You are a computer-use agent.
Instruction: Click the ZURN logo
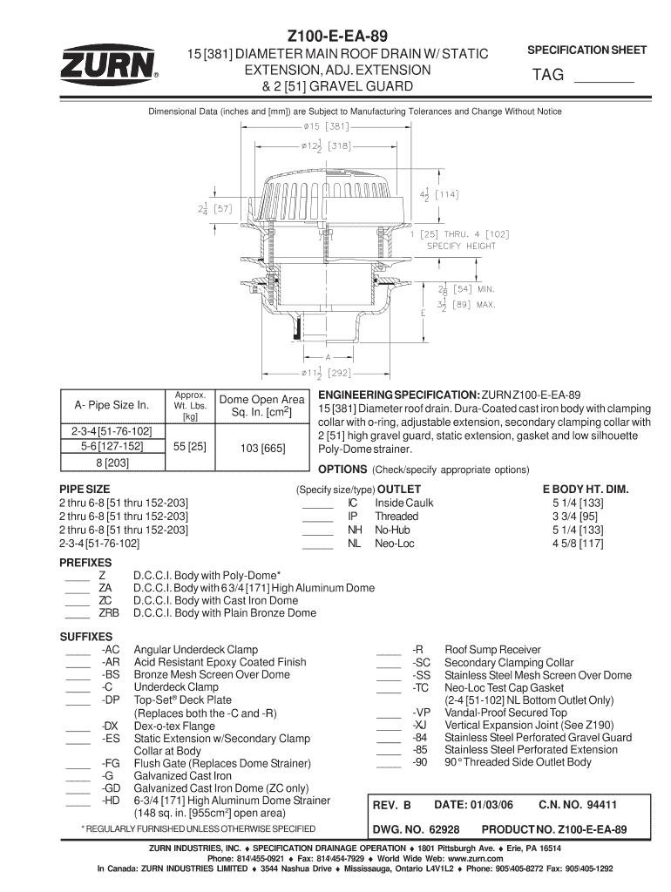tap(108, 64)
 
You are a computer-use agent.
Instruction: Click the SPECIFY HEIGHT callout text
tap(461, 247)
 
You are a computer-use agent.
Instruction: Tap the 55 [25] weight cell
tap(190, 446)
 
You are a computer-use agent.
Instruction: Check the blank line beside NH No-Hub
tap(317, 531)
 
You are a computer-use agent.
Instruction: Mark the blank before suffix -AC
tap(78, 651)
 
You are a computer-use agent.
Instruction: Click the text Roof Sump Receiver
tap(492, 650)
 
